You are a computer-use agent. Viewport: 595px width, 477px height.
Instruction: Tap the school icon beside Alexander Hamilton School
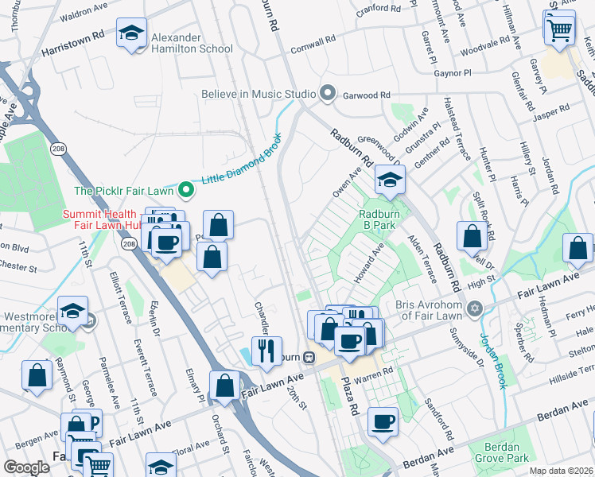pyautogui.click(x=131, y=33)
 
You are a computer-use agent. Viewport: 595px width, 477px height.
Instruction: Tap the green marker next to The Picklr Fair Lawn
pyautogui.click(x=185, y=189)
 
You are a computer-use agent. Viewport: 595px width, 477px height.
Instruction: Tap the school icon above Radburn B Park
pyautogui.click(x=390, y=180)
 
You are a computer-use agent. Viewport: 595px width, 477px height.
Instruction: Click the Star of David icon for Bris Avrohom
pyautogui.click(x=476, y=308)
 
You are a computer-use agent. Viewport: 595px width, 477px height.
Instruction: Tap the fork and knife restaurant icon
pyautogui.click(x=266, y=350)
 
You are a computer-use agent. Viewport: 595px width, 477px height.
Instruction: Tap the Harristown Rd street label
pyautogui.click(x=73, y=37)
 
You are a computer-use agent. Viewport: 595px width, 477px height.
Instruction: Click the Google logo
pyautogui.click(x=25, y=467)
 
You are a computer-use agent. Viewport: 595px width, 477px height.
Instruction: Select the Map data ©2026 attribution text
pyautogui.click(x=560, y=471)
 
